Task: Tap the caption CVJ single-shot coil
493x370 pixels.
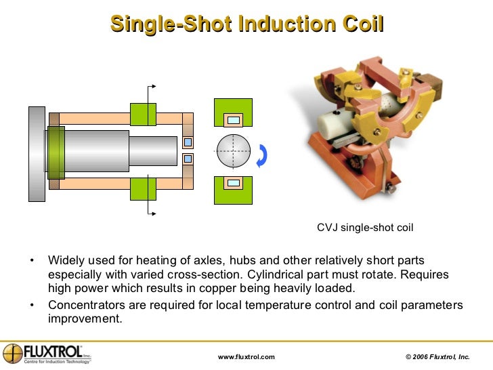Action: [365, 228]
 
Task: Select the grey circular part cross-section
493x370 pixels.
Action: [233, 151]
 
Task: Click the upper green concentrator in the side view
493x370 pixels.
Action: [143, 114]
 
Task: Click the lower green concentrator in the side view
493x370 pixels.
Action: [143, 189]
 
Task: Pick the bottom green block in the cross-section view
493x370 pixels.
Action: [233, 190]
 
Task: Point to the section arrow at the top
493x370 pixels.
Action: [153, 87]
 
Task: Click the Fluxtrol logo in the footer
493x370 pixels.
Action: [47, 354]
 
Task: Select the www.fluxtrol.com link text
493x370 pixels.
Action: [246, 356]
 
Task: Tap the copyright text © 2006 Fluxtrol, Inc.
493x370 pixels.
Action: [437, 356]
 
